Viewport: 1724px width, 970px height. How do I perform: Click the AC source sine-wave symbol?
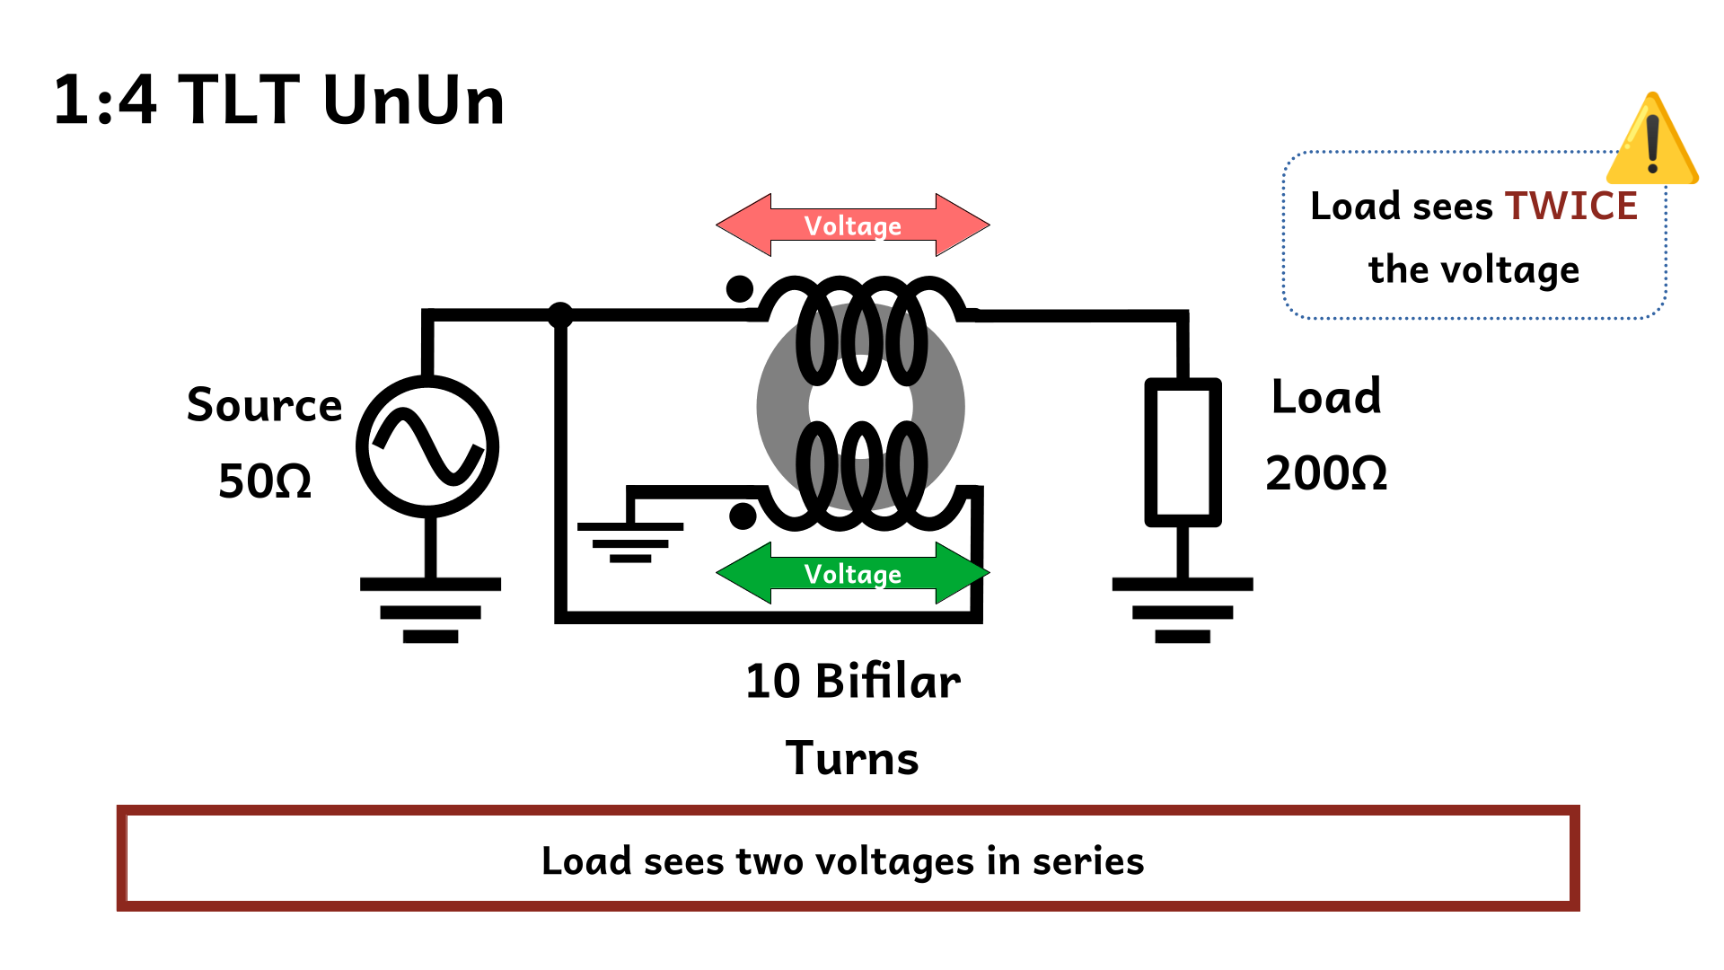click(427, 446)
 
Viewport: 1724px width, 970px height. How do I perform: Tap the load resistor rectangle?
click(1183, 452)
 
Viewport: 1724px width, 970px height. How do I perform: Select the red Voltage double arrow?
click(852, 225)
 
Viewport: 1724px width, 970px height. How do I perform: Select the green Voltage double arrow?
click(852, 573)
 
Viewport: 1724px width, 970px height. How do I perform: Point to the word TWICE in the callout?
click(1571, 206)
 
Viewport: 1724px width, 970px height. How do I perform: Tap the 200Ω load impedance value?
click(1326, 473)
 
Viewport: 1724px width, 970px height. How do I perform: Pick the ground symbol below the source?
click(430, 610)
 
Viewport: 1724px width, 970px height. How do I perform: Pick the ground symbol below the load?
click(1183, 610)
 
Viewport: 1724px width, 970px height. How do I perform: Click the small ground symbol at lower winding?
click(630, 541)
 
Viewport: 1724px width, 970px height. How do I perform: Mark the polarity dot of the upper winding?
click(740, 289)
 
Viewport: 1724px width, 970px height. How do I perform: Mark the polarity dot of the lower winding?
click(743, 516)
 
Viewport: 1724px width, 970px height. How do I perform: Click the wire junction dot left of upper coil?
click(560, 314)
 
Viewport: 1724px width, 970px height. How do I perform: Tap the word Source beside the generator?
click(265, 405)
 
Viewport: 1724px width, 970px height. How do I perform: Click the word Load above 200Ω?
click(1326, 397)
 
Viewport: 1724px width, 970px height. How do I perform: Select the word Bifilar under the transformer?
click(887, 681)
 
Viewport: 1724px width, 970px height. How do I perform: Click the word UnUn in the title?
click(414, 100)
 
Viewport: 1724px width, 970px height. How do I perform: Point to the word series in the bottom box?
click(1088, 860)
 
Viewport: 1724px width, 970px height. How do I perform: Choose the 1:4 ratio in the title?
click(105, 100)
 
